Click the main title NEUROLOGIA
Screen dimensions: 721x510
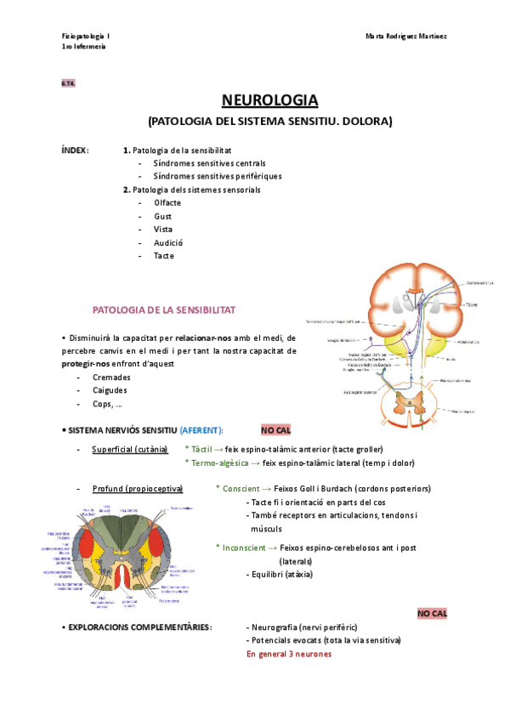(269, 100)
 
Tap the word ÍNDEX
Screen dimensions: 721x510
(75, 149)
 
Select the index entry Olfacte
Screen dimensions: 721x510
(167, 202)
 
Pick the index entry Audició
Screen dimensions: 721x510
(168, 242)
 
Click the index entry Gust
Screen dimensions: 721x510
(162, 216)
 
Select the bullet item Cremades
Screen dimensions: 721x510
(114, 377)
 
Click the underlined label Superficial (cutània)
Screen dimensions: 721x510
(129, 448)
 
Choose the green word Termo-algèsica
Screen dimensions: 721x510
(219, 463)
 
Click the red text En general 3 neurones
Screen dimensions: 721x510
(289, 654)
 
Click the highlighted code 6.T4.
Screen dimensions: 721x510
(68, 82)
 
